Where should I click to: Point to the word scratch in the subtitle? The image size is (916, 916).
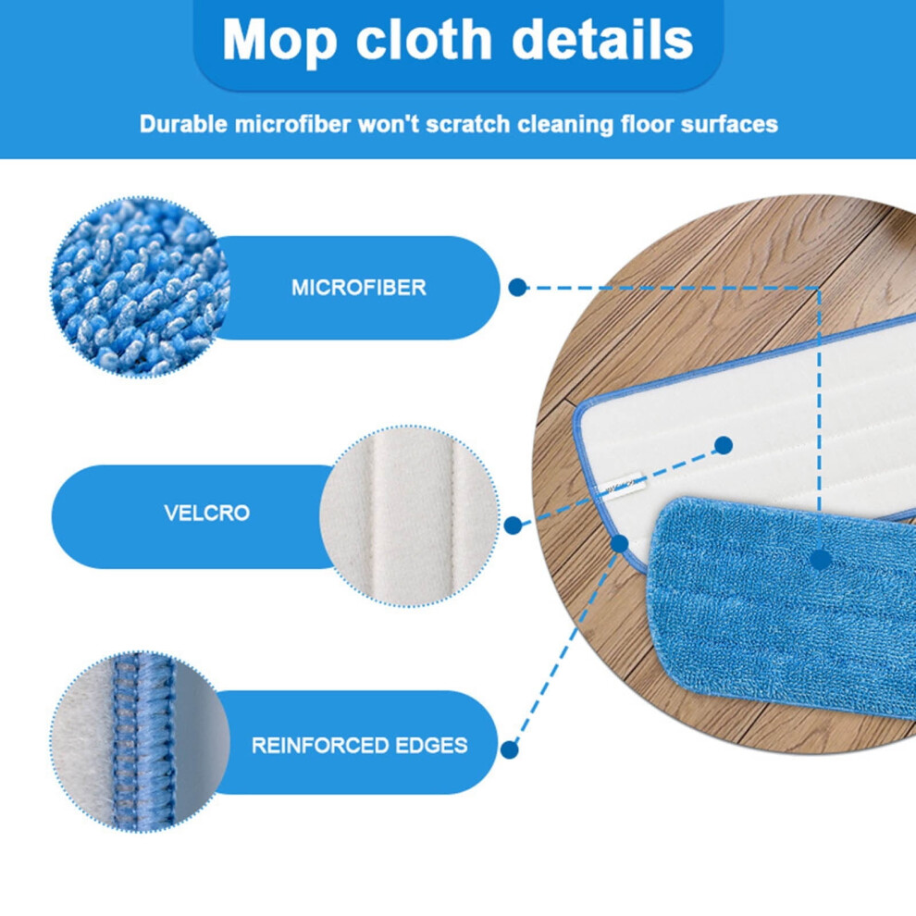click(x=466, y=124)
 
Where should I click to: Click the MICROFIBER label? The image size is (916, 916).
click(x=359, y=288)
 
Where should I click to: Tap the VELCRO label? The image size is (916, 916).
click(x=207, y=513)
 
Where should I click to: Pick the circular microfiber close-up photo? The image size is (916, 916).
click(x=141, y=287)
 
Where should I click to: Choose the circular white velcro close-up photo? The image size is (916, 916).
click(x=410, y=516)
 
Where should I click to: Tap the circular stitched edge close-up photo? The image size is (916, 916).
click(x=141, y=742)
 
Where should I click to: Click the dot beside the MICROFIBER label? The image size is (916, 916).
click(x=517, y=288)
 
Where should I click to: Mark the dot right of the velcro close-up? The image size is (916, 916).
click(x=513, y=526)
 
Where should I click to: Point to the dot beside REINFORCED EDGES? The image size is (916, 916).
click(x=510, y=749)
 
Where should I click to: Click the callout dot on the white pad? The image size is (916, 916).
click(x=724, y=445)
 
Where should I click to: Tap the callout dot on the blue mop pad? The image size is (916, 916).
click(x=821, y=560)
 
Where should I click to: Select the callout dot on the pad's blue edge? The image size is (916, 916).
click(x=619, y=544)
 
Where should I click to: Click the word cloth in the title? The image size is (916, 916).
click(x=424, y=39)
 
